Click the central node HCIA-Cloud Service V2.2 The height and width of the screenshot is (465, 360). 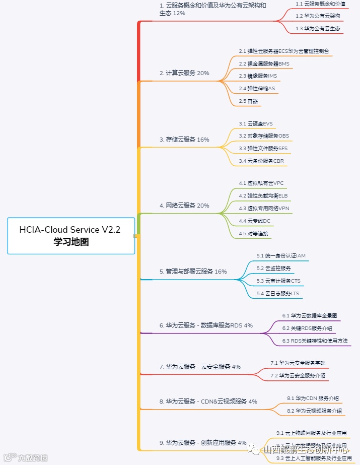[70, 236]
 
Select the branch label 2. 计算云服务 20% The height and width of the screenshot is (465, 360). [184, 73]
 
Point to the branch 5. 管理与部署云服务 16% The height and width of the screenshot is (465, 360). [193, 272]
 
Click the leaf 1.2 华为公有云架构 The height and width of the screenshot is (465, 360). [318, 16]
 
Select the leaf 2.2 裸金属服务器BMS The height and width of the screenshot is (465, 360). [264, 64]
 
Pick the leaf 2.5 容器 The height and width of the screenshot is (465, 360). [249, 101]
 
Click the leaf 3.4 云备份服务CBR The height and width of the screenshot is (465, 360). [261, 161]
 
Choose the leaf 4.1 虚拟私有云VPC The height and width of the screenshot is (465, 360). [261, 183]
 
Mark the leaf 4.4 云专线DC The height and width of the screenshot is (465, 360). [255, 221]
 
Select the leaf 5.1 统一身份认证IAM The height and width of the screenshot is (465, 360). [281, 256]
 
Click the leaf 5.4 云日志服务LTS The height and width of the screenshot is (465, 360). [278, 293]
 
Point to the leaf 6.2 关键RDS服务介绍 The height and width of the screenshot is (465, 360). [307, 328]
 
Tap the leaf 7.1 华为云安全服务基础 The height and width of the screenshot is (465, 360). [298, 363]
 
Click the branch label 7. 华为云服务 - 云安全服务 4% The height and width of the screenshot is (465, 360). [200, 367]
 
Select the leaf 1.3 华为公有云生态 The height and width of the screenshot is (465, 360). [318, 29]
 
